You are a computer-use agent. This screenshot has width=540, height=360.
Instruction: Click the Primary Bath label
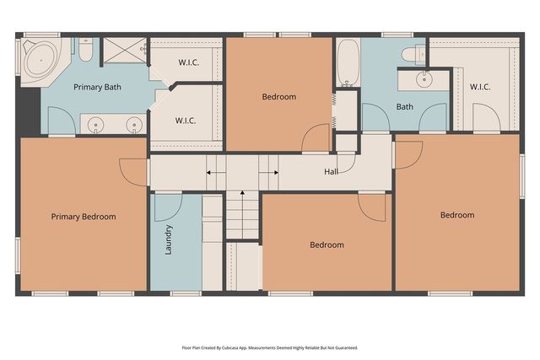[95, 88]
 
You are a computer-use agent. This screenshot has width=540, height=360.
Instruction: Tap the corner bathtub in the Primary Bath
[37, 61]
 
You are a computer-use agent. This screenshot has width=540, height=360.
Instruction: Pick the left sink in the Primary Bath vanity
[96, 126]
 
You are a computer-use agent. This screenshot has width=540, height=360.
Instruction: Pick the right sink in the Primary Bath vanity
[132, 126]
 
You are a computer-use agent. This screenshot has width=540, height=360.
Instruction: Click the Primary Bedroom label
[83, 217]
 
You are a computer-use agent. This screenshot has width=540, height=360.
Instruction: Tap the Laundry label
[170, 240]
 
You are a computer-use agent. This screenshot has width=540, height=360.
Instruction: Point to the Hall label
[332, 172]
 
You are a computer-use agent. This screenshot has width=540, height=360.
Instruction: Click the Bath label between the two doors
[405, 107]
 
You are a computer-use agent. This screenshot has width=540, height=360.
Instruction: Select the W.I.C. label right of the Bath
[480, 86]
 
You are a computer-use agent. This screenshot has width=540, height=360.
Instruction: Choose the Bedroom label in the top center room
[278, 97]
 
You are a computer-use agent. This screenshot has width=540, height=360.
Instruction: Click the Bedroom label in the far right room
[456, 215]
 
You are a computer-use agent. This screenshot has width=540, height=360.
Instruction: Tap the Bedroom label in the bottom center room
[327, 245]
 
